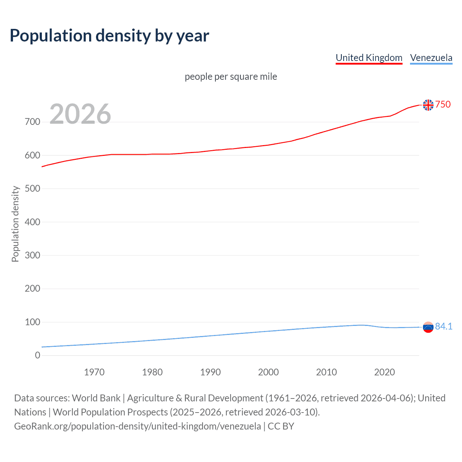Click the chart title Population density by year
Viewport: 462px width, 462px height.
click(x=109, y=36)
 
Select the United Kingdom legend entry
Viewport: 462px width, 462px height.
click(x=369, y=58)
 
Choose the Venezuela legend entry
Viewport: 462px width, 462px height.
click(x=431, y=58)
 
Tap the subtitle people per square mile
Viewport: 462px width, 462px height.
click(x=231, y=77)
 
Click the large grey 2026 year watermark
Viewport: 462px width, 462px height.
click(x=80, y=114)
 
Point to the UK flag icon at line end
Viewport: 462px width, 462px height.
click(x=428, y=105)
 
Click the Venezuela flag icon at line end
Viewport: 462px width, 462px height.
click(x=428, y=327)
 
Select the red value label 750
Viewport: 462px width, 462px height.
click(x=443, y=105)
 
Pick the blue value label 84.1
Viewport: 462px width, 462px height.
click(x=444, y=326)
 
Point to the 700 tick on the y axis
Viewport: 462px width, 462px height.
click(x=32, y=122)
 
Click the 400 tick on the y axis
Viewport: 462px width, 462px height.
click(x=32, y=222)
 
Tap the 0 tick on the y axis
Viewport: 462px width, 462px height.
click(x=38, y=356)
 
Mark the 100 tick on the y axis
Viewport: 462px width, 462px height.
click(x=32, y=322)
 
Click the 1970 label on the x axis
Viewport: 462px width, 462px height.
click(x=94, y=372)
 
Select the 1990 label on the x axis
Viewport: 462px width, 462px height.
click(x=210, y=372)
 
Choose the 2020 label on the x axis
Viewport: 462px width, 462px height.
click(x=384, y=372)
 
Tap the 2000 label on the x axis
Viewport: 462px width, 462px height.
click(x=269, y=372)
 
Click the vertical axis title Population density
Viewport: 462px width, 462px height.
click(x=15, y=224)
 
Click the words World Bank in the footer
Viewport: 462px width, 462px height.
click(x=96, y=398)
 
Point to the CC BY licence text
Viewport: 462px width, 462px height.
click(x=281, y=426)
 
